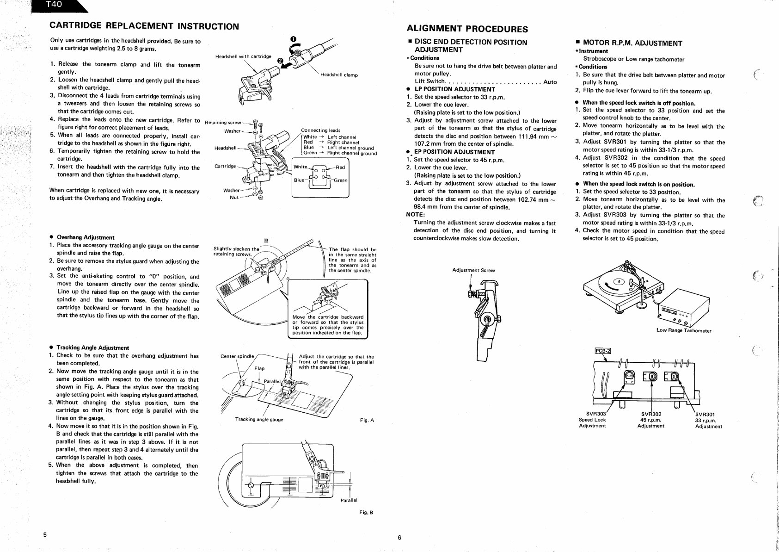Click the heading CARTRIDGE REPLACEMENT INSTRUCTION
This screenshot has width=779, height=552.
[144, 26]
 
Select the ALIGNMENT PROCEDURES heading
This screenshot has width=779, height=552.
[467, 29]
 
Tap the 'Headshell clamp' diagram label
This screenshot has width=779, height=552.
[338, 75]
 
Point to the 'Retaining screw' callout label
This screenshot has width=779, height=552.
[222, 123]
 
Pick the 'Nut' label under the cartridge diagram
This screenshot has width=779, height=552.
[234, 198]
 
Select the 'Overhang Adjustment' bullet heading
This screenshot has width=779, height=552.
[85, 237]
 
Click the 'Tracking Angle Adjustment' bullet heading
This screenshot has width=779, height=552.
[92, 347]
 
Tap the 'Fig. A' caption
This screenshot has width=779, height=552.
[367, 421]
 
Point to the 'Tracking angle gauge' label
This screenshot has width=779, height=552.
[259, 420]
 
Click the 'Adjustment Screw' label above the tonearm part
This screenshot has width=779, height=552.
[473, 270]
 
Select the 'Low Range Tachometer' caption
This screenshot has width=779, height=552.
[683, 330]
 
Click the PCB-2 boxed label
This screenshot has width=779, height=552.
[602, 350]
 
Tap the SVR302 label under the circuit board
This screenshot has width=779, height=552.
[651, 414]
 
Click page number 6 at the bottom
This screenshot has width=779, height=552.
[399, 537]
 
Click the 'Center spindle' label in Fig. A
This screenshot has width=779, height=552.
[237, 356]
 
